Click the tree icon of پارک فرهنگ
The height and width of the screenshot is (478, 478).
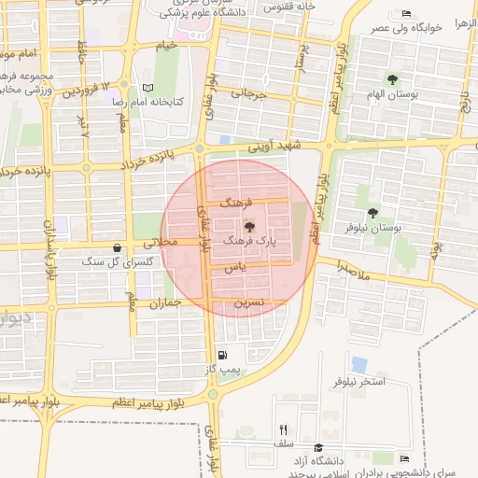[248, 226]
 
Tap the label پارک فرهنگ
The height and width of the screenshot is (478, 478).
[251, 241]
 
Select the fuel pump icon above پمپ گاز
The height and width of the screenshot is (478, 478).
[221, 355]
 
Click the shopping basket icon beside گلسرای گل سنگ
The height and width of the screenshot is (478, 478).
[116, 248]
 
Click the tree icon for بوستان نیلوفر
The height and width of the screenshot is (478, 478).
[373, 213]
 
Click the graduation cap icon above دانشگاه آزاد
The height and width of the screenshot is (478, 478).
[318, 447]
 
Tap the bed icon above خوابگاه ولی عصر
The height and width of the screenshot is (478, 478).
[406, 13]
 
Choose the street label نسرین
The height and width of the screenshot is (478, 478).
[249, 302]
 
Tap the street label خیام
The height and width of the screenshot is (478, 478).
[166, 45]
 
